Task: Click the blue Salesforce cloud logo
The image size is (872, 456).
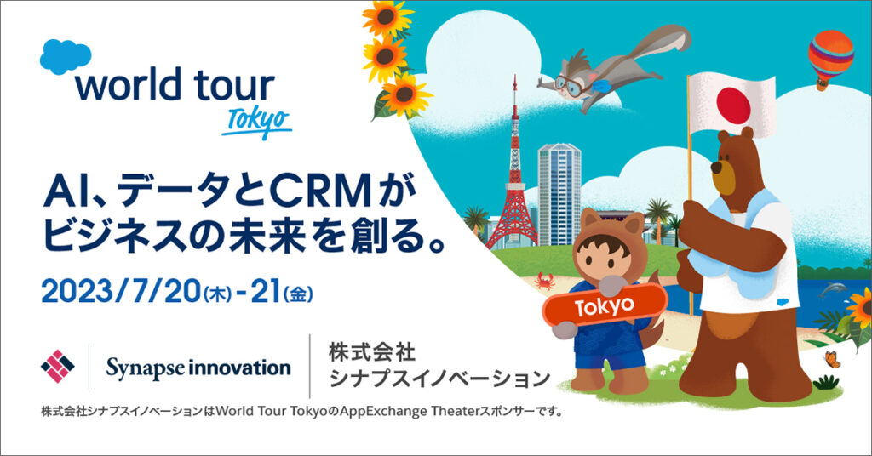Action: pos(66,56)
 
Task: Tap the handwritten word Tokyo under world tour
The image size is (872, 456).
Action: pos(257,123)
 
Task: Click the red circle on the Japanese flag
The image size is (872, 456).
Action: pos(733,105)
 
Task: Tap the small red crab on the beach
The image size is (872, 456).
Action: pos(545,282)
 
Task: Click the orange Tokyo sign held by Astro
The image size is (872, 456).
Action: pos(605,305)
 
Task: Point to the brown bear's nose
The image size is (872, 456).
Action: pos(716,168)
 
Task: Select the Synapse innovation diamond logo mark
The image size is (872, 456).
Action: pos(57,366)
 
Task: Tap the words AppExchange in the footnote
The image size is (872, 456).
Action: pos(384,412)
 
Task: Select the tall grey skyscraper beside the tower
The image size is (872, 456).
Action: pos(559,195)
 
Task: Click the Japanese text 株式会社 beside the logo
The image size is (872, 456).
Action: pos(372,352)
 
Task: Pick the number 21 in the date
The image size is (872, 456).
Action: pos(265,292)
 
